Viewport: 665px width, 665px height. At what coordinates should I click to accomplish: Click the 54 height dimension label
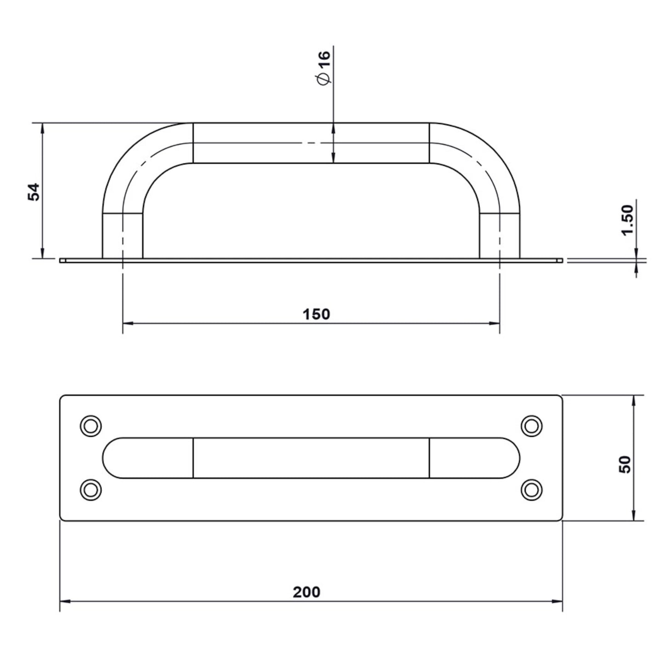coord(34,191)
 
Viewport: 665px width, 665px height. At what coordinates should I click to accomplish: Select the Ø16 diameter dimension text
coord(324,67)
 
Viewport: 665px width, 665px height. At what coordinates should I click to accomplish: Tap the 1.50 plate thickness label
coord(627,220)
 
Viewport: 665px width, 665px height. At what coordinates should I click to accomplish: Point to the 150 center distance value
coord(316,314)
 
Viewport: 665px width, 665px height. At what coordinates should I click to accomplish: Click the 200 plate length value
coord(306,592)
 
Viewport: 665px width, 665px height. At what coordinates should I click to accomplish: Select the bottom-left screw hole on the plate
coord(91,489)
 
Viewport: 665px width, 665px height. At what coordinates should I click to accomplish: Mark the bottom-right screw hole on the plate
coord(532,489)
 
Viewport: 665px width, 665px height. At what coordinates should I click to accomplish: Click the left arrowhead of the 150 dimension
coord(127,324)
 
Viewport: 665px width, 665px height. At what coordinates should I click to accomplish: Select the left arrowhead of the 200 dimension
coord(64,601)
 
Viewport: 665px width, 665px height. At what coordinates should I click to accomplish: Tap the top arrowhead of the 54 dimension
coord(42,128)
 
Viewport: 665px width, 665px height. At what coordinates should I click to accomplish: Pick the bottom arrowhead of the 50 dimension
coord(634,516)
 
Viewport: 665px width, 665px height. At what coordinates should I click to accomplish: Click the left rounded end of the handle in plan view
coord(112,458)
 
